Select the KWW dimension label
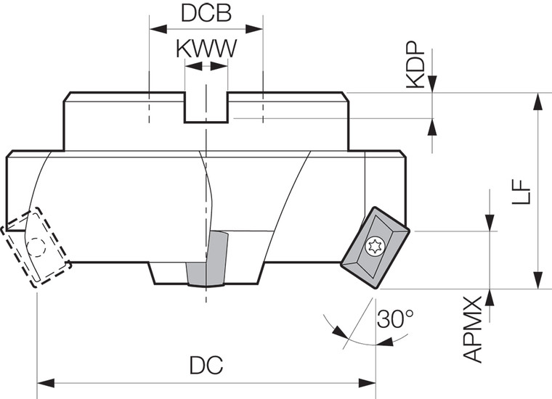pos(206,49)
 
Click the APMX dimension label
pos(474,329)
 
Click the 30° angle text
pos(395,318)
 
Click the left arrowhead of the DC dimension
pos(42,382)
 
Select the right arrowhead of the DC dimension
pos(370,382)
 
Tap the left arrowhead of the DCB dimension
pos(155,29)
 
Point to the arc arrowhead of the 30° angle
pos(338,332)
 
